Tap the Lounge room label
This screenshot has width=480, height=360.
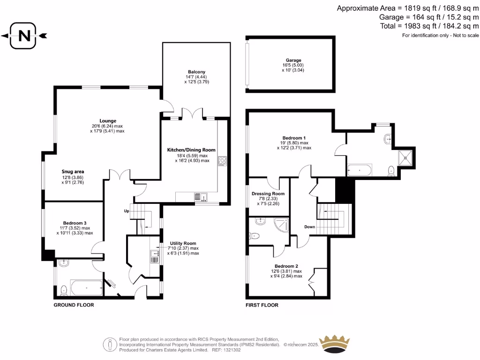(x=107, y=120)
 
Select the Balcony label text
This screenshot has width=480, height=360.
(x=196, y=72)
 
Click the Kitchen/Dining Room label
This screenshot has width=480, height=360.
(x=191, y=150)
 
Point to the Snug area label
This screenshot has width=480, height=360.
(x=73, y=172)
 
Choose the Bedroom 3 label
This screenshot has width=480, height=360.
(x=75, y=223)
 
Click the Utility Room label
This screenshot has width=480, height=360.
(x=183, y=243)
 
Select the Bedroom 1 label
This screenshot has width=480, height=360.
(x=293, y=137)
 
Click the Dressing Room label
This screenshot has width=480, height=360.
(x=268, y=194)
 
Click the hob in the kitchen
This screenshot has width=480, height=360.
(x=222, y=161)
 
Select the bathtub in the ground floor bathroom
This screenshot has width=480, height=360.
(x=86, y=288)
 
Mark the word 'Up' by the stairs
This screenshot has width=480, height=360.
(x=126, y=210)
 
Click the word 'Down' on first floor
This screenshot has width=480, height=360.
(x=309, y=227)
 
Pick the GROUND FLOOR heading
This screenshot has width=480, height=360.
(x=74, y=305)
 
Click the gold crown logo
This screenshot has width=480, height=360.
(x=334, y=344)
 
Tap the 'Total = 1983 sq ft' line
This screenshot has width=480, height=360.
(x=429, y=26)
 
